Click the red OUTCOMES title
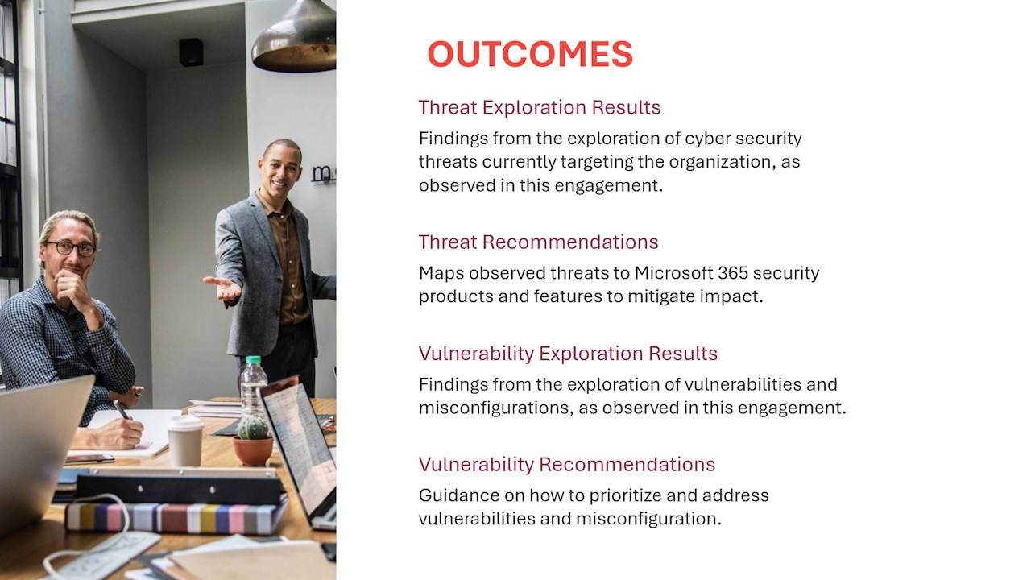pyautogui.click(x=530, y=54)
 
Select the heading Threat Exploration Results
pyautogui.click(x=540, y=108)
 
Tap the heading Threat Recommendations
pyautogui.click(x=539, y=242)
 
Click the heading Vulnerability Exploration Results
pyautogui.click(x=568, y=354)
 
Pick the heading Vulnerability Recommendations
pyautogui.click(x=567, y=465)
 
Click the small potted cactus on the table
pyautogui.click(x=253, y=440)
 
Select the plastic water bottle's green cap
pyautogui.click(x=253, y=360)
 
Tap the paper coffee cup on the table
pyautogui.click(x=185, y=441)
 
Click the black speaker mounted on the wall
pyautogui.click(x=191, y=52)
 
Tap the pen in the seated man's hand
pyautogui.click(x=122, y=409)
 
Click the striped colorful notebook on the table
pyautogui.click(x=176, y=518)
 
